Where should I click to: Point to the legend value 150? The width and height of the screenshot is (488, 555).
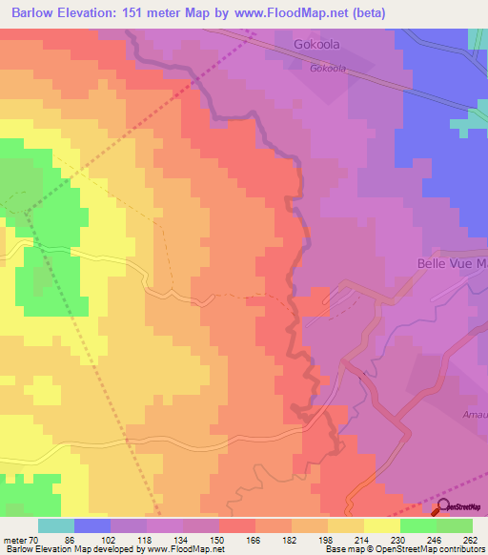click(x=219, y=539)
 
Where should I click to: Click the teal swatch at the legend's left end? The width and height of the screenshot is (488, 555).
click(x=56, y=525)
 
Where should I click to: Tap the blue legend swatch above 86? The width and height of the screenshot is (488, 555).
click(x=92, y=525)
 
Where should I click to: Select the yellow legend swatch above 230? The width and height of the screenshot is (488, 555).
click(x=382, y=525)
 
